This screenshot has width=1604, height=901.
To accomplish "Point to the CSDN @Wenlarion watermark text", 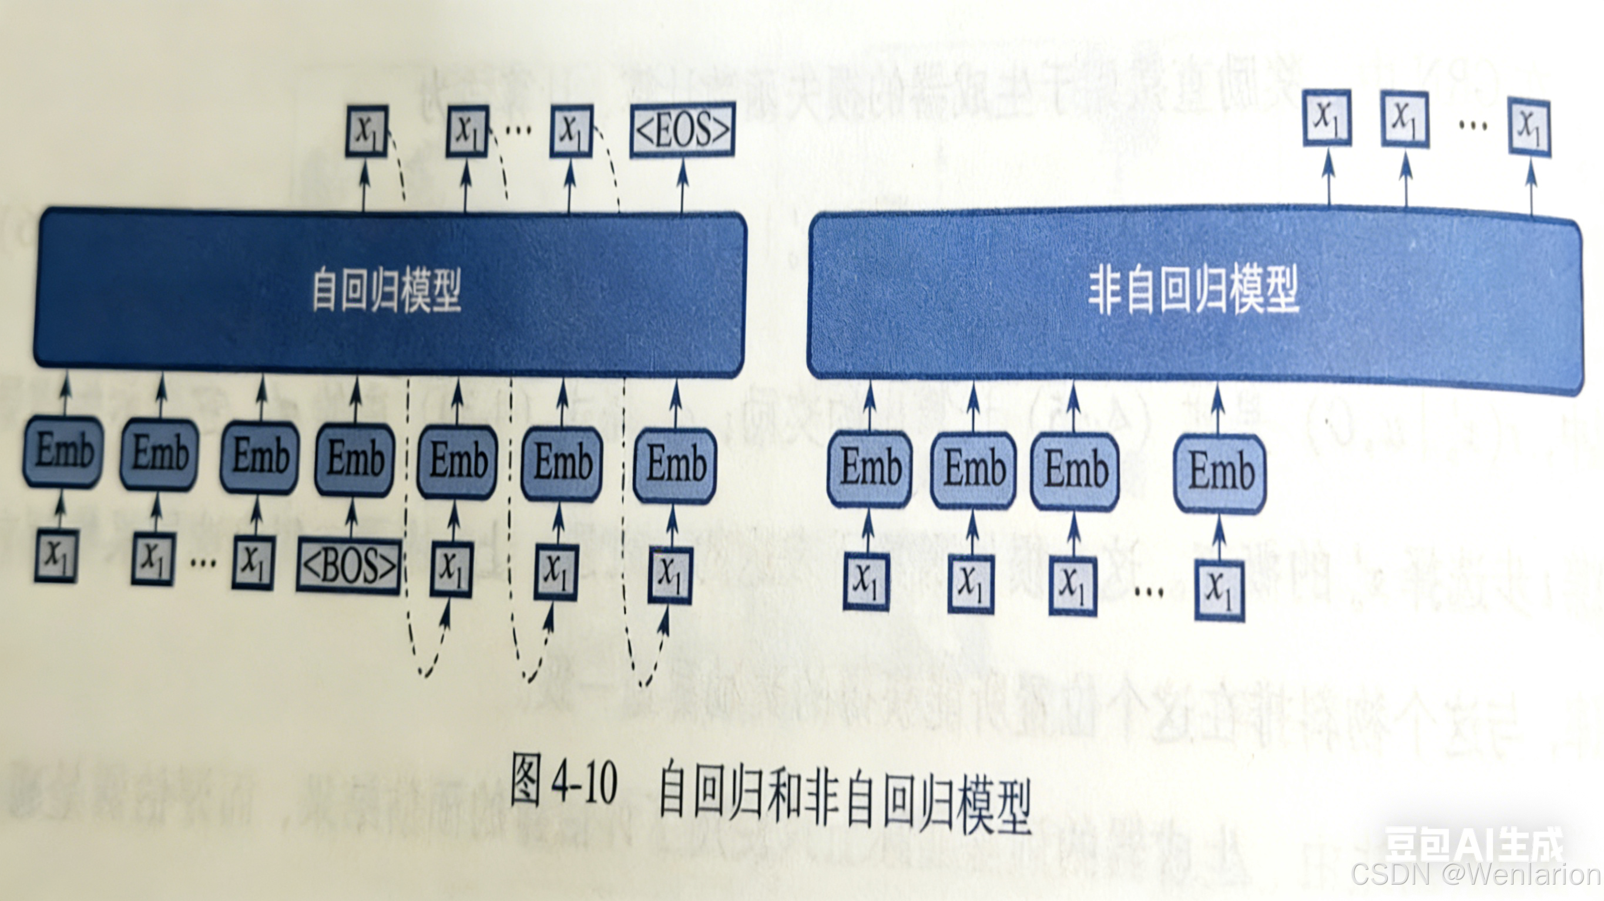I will tap(1476, 875).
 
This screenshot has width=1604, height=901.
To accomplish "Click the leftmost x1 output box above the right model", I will tap(1327, 117).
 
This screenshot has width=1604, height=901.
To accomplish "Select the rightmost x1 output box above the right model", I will tap(1529, 126).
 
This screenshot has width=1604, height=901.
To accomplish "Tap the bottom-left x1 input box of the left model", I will tap(56, 555).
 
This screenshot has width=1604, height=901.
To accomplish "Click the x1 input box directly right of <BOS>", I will tap(451, 569).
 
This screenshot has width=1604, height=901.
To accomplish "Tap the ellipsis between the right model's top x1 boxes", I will tap(1472, 125).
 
